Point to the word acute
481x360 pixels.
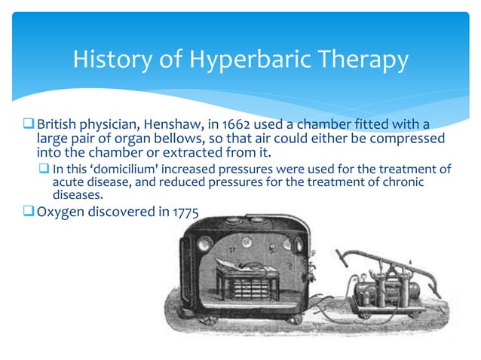[67, 182]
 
